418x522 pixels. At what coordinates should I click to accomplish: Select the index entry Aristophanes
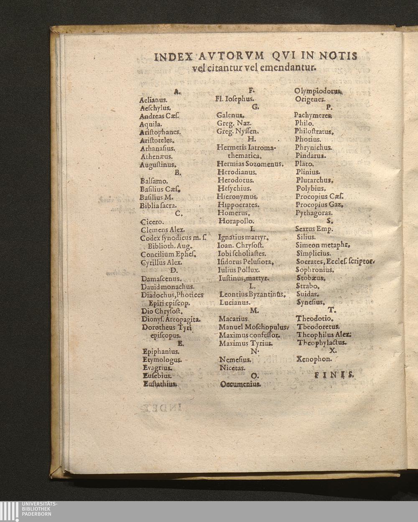click(x=160, y=132)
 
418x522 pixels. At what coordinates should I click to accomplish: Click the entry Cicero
click(x=153, y=222)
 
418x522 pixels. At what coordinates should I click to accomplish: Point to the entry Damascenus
click(x=161, y=279)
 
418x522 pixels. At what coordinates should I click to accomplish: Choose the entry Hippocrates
click(x=239, y=205)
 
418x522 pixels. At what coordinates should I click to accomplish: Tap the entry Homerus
click(x=234, y=213)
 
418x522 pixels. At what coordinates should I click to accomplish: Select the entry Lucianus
click(x=235, y=302)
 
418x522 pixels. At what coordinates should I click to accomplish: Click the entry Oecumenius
click(x=240, y=384)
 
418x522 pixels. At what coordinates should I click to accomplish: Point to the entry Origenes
click(x=310, y=99)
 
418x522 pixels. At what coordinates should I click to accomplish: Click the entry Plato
click(x=304, y=164)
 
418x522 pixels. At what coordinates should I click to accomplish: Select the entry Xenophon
click(x=314, y=359)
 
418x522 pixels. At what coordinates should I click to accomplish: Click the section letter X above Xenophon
click(x=332, y=351)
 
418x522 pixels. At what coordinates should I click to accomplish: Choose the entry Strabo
click(x=308, y=287)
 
